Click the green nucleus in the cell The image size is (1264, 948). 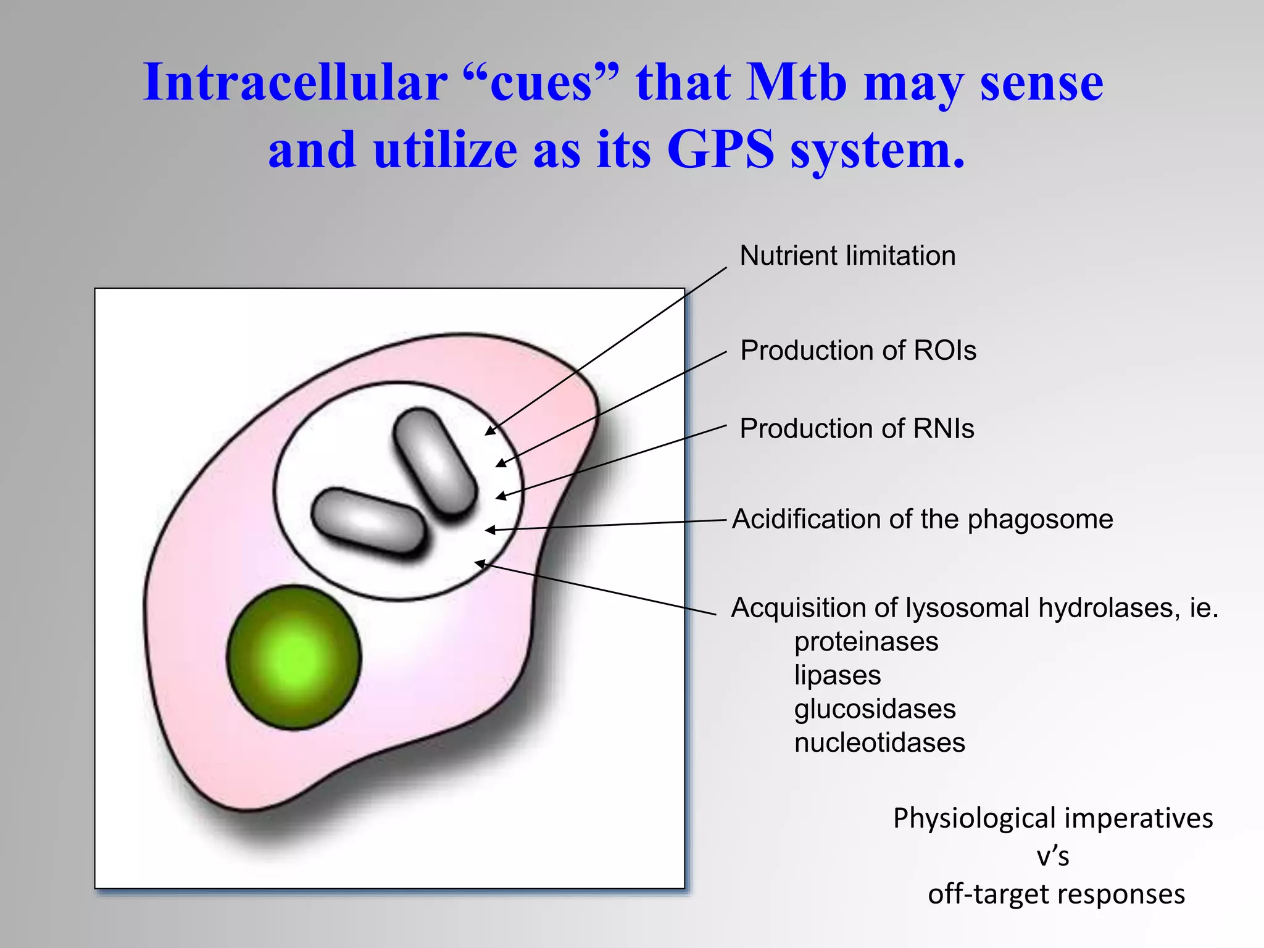point(293,657)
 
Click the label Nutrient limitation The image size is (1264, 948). point(847,256)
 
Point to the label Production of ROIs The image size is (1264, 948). point(858,350)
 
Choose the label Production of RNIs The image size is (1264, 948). point(857,428)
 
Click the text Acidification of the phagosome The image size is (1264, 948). point(922,519)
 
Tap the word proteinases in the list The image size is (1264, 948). point(866,642)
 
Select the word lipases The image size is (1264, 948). point(838,675)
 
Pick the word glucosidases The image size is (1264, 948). point(875,709)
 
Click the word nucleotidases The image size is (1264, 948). point(879,742)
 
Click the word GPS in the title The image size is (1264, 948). point(720,150)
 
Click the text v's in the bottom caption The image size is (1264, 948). point(1053,857)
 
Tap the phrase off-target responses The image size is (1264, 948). point(1056,894)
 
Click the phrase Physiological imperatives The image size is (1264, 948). point(1053,818)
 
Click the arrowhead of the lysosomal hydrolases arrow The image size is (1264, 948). point(478,562)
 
